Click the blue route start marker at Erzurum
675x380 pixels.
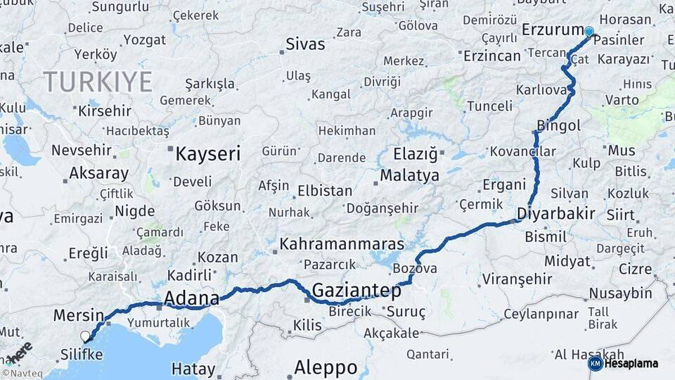[589, 31]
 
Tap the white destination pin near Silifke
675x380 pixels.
[86, 336]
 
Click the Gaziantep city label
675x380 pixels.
[356, 290]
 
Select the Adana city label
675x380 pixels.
[191, 298]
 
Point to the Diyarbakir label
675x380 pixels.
[556, 213]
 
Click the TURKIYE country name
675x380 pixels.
[98, 82]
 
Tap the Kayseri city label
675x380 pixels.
[207, 153]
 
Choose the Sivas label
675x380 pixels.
[305, 44]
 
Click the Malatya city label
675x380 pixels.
[410, 175]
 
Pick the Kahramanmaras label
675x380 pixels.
[342, 244]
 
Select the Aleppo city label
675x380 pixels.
[326, 367]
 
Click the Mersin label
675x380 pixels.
[79, 315]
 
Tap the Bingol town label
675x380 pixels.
[558, 126]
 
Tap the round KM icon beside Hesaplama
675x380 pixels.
[595, 364]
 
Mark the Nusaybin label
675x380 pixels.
[621, 293]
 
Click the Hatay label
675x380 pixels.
[193, 369]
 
